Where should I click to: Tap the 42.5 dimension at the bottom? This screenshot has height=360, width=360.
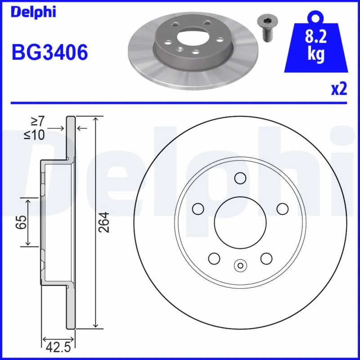pos(58,347)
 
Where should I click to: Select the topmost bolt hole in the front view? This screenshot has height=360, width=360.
pos(240,179)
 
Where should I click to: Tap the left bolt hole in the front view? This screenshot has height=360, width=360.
pos(198,208)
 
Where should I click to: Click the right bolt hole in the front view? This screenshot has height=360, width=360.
pos(282,208)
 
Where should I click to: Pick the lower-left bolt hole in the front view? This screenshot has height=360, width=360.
pos(214,258)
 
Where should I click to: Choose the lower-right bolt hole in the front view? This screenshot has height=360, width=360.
pos(266,258)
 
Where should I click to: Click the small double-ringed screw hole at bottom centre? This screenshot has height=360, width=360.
pos(240,265)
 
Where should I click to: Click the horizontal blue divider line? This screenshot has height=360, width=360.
pos(180,103)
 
